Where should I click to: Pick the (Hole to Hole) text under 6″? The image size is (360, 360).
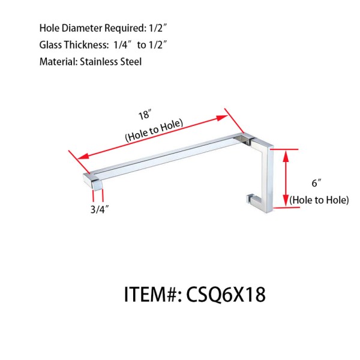pyautogui.click(x=319, y=200)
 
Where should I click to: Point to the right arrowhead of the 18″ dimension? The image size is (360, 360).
pyautogui.click(x=238, y=128)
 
